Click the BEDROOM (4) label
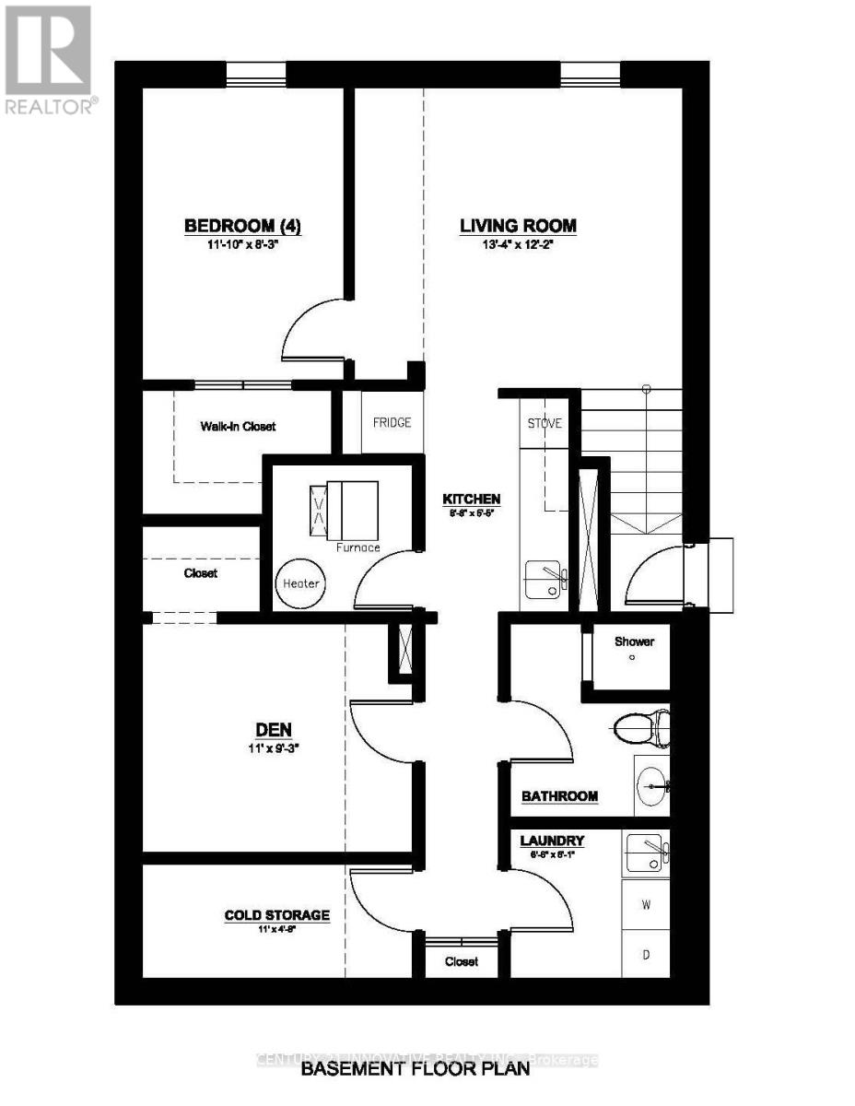click(243, 226)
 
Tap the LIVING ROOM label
click(519, 226)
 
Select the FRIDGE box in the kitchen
click(392, 422)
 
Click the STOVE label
click(544, 424)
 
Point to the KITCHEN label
click(470, 498)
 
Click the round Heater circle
click(300, 583)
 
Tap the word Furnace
click(357, 547)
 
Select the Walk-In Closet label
click(238, 427)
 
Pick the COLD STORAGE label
click(276, 915)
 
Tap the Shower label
click(636, 641)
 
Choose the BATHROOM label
click(560, 796)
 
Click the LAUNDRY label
click(552, 841)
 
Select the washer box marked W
click(647, 905)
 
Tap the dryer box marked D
click(647, 955)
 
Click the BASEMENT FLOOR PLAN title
click(416, 1069)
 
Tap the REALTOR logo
click(48, 61)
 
